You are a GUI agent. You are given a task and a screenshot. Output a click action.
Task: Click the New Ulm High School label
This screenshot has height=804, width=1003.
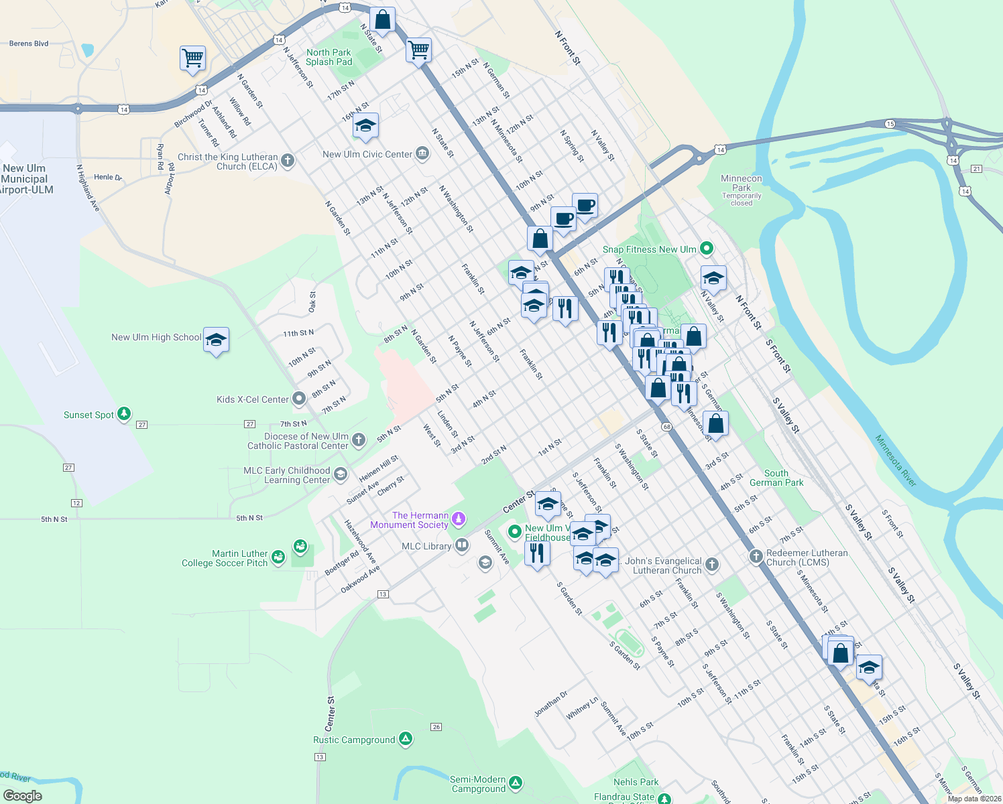pyautogui.click(x=156, y=338)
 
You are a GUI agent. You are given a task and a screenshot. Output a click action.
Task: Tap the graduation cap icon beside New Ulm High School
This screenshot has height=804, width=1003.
pyautogui.click(x=216, y=340)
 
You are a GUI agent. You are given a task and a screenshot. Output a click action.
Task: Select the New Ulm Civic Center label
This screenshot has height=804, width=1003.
pyautogui.click(x=367, y=154)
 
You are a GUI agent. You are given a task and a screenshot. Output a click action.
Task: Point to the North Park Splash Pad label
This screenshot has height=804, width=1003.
pyautogui.click(x=329, y=57)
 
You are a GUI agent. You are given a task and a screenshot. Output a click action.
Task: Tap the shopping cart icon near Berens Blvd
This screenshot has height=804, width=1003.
pyautogui.click(x=192, y=58)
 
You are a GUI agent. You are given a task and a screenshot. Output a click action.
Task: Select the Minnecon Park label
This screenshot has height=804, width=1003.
pyautogui.click(x=741, y=183)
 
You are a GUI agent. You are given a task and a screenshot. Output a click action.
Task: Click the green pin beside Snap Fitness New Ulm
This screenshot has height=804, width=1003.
pyautogui.click(x=706, y=249)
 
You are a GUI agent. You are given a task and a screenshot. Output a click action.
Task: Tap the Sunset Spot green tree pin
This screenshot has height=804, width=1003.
pyautogui.click(x=124, y=414)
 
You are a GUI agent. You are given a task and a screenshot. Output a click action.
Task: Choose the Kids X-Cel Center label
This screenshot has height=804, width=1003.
pyautogui.click(x=253, y=399)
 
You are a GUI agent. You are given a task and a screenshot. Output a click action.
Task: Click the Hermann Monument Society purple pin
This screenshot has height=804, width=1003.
pyautogui.click(x=459, y=519)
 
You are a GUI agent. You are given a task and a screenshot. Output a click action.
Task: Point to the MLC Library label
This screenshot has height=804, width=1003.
pyautogui.click(x=426, y=546)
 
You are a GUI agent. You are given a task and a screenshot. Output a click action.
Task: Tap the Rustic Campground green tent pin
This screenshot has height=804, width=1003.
pyautogui.click(x=405, y=739)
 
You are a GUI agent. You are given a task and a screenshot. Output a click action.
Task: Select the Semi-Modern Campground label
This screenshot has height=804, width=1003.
pyautogui.click(x=478, y=784)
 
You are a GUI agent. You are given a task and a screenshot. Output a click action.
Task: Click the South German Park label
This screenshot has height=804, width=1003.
pyautogui.click(x=776, y=478)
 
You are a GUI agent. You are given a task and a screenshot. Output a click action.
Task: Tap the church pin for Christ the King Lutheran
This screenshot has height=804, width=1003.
pyautogui.click(x=288, y=161)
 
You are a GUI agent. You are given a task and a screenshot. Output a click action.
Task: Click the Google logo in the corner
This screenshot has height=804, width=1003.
pyautogui.click(x=23, y=795)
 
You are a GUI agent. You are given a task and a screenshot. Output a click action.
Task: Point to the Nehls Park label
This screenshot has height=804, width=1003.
pyautogui.click(x=636, y=782)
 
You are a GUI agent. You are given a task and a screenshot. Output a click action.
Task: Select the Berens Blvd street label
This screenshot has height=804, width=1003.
pyautogui.click(x=29, y=44)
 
